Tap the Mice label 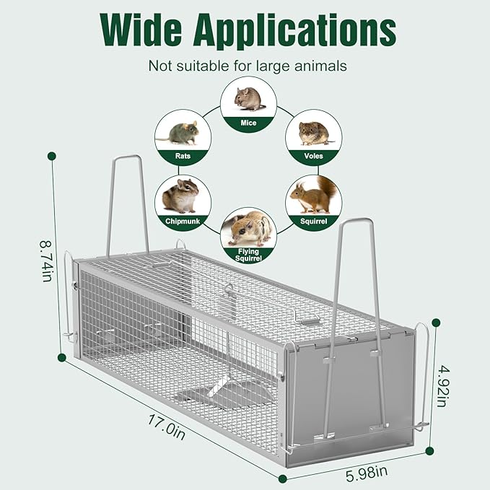(x=248, y=123)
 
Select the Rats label (x=183, y=155)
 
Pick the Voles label (x=313, y=155)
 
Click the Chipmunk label (x=183, y=221)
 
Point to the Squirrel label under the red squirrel (x=313, y=221)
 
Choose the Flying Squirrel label (x=248, y=253)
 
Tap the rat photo (x=182, y=133)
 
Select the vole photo (x=314, y=132)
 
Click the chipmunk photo (x=182, y=196)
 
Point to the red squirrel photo (x=315, y=196)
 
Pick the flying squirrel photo (x=248, y=228)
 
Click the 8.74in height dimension (x=45, y=261)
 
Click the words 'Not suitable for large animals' (x=248, y=66)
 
